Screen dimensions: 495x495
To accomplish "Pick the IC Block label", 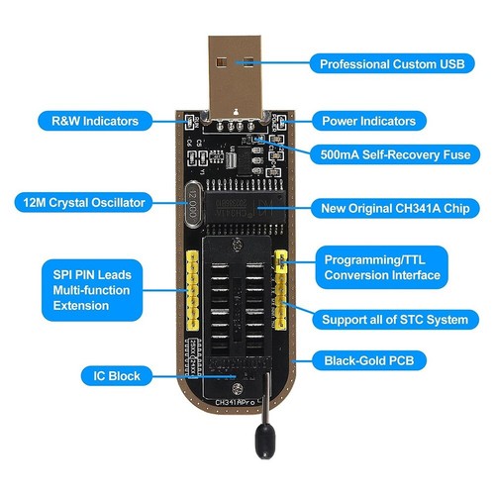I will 119,376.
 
